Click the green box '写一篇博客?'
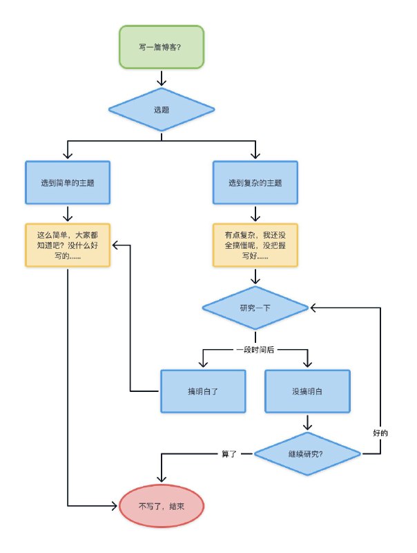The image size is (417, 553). pyautogui.click(x=162, y=47)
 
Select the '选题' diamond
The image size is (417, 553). pyautogui.click(x=162, y=109)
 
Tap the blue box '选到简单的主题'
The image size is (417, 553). pyautogui.click(x=68, y=183)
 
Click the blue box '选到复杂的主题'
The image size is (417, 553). pyautogui.click(x=255, y=183)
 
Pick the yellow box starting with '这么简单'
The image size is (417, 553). pyautogui.click(x=68, y=245)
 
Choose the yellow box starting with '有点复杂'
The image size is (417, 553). pyautogui.click(x=255, y=245)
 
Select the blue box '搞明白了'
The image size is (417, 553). pyautogui.click(x=203, y=391)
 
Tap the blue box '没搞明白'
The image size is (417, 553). pyautogui.click(x=307, y=391)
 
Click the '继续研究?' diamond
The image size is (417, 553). pyautogui.click(x=307, y=454)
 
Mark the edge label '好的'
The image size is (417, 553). pyautogui.click(x=380, y=433)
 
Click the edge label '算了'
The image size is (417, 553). pyautogui.click(x=229, y=454)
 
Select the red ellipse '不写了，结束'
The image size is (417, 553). pyautogui.click(x=162, y=506)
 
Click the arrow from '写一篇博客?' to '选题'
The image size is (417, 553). pyautogui.click(x=162, y=77)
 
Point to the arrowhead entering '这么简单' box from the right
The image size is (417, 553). pyautogui.click(x=116, y=245)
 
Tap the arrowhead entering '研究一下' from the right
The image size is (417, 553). pyautogui.click(x=313, y=308)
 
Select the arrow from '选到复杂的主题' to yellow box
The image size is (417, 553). pyautogui.click(x=255, y=213)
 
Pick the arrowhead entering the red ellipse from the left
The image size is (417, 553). pyautogui.click(x=115, y=506)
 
